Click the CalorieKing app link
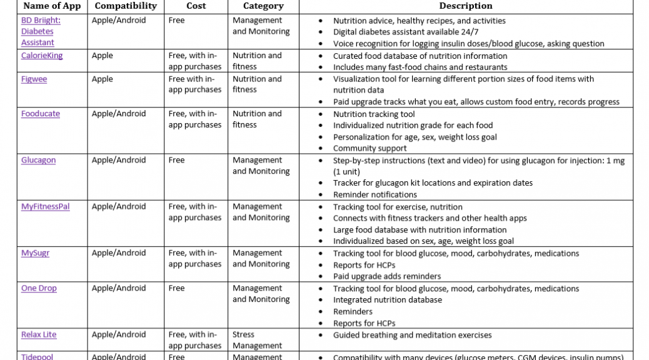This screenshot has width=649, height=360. coord(42,56)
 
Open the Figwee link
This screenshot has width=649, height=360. coord(34,79)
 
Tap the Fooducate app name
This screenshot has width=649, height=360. coord(41,114)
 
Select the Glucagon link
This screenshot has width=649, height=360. coord(38,160)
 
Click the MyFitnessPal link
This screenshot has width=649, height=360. coord(45,206)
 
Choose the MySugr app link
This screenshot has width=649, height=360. coord(35,253)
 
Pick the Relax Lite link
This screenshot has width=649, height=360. coord(39,334)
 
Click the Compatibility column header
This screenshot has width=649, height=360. coord(126,6)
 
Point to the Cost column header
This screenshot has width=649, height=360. coord(196,6)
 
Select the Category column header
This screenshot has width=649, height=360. coord(263,6)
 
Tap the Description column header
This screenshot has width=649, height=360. coord(465,6)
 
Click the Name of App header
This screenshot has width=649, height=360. coord(53,6)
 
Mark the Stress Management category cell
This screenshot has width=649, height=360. coord(257,340)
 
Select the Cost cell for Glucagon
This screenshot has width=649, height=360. coord(177,160)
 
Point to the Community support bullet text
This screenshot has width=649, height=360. coord(370,148)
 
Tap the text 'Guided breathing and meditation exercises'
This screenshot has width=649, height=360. coord(412,335)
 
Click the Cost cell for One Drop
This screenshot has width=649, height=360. coord(177,288)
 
